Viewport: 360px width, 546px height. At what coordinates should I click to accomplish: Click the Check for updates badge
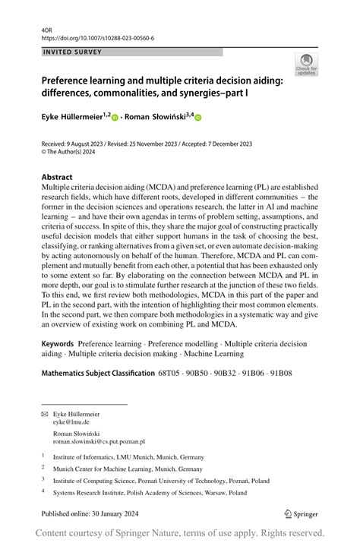pyautogui.click(x=306, y=64)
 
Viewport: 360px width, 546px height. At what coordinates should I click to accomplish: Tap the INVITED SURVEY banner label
pyautogui.click(x=73, y=52)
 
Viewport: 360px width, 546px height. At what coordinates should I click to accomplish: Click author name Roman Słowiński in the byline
pyautogui.click(x=157, y=117)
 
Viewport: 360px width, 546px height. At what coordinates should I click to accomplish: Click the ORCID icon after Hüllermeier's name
pyautogui.click(x=115, y=118)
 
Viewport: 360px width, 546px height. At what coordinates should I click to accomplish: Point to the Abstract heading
pyautogui.click(x=57, y=177)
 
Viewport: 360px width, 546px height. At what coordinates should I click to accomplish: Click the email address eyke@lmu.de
pyautogui.click(x=71, y=421)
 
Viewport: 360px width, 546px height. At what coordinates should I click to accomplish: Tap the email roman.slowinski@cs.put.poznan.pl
pyautogui.click(x=99, y=440)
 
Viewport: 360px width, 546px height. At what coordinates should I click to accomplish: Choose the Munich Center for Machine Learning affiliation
pyautogui.click(x=128, y=469)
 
